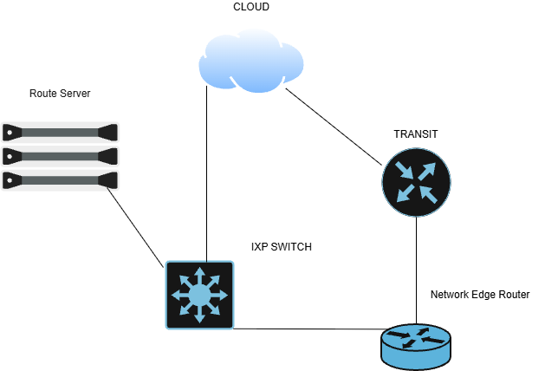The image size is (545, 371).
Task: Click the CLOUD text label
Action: coord(251,7)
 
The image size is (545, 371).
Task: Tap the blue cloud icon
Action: coord(251,62)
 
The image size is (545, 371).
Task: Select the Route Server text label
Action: coord(60,94)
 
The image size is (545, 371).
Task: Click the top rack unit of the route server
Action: coord(60,133)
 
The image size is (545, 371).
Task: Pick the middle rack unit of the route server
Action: coord(60,157)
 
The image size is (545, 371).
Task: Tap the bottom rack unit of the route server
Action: coord(60,180)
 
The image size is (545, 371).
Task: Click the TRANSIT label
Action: coord(416,134)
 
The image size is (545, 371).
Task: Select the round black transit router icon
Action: coord(417,182)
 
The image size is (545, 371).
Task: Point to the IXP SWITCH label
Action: coord(282,247)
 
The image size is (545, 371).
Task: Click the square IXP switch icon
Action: coord(199,295)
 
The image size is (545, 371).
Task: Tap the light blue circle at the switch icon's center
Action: coord(199,296)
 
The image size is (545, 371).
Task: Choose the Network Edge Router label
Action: coord(480,295)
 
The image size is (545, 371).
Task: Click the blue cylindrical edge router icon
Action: coord(416,347)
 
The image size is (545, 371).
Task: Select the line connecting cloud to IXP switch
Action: coord(207,173)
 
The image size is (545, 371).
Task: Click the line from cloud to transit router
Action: coord(334,127)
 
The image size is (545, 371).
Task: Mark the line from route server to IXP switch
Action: coord(135,228)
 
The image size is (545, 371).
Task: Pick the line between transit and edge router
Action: coord(417,270)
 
